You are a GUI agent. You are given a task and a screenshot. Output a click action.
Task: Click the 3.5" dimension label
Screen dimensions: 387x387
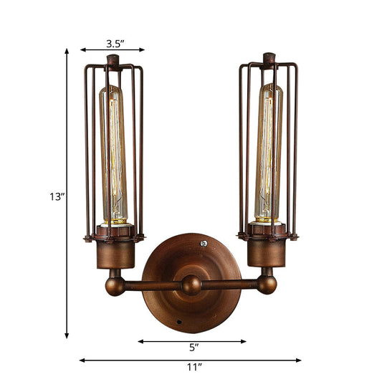tap(112, 42)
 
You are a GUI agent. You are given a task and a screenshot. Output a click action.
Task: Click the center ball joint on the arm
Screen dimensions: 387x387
tap(191, 285)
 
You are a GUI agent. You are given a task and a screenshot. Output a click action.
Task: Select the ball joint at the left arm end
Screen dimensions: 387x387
tap(115, 285)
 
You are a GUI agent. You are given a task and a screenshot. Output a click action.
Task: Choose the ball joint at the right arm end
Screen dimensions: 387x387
tap(267, 285)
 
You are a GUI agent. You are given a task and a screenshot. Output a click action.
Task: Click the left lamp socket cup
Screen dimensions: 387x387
tap(115, 252)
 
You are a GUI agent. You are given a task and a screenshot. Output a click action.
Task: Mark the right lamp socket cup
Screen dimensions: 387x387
tap(267, 252)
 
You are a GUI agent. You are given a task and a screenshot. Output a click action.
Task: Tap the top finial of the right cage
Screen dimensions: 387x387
tap(269, 57)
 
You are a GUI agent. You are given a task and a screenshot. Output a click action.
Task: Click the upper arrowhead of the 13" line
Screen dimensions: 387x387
tap(67, 51)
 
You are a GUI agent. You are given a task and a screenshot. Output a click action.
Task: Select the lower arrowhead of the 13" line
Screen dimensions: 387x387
tap(67, 336)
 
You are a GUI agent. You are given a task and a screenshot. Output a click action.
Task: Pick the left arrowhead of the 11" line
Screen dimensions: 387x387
tap(81, 360)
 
